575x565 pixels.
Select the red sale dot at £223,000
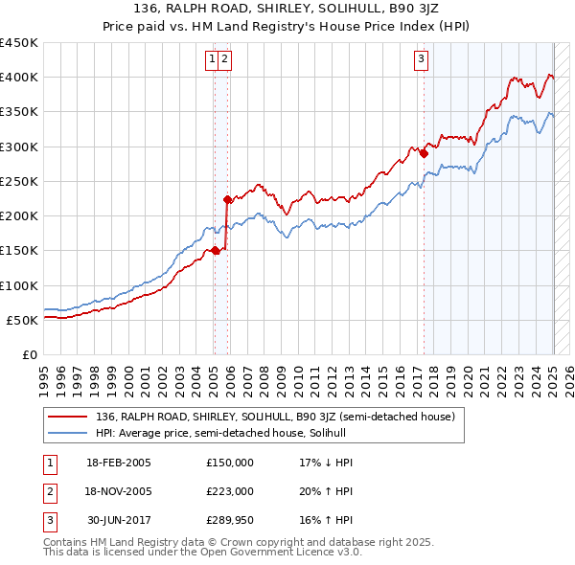[227, 200]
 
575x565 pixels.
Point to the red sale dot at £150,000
[215, 251]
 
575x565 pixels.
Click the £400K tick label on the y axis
[19, 78]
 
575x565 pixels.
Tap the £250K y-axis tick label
[19, 182]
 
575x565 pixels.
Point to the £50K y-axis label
[23, 321]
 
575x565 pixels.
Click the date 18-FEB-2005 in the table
[119, 463]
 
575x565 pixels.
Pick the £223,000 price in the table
[230, 491]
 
